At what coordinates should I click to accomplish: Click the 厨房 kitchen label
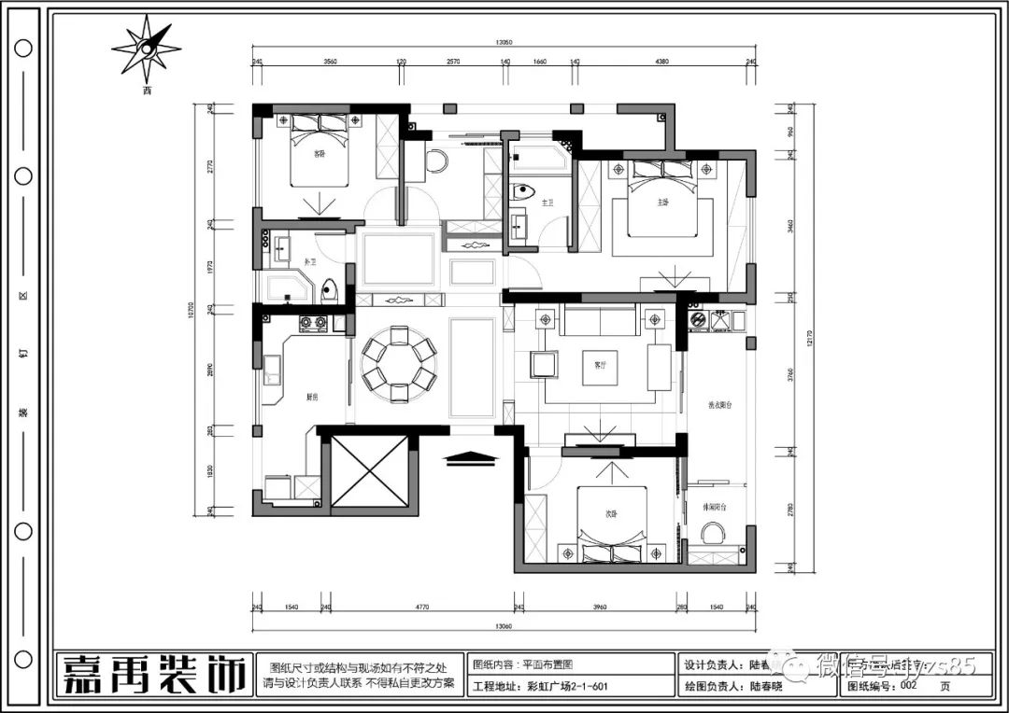313,397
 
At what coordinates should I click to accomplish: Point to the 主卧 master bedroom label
662,203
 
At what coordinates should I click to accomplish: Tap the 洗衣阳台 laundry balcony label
715,406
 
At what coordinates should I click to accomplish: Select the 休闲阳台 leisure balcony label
716,507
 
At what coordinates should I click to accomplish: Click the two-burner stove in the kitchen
312,324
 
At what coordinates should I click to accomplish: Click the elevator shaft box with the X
370,471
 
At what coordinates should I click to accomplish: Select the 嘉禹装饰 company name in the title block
154,674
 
